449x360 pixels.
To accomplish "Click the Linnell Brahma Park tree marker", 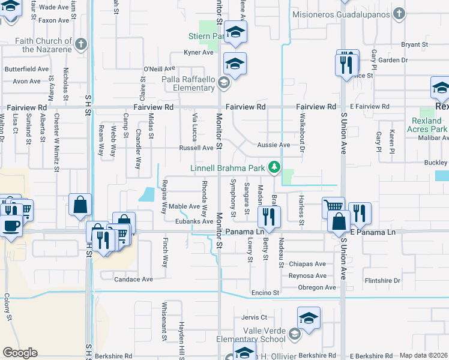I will click(x=274, y=167).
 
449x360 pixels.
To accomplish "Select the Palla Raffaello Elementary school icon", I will click(x=223, y=83).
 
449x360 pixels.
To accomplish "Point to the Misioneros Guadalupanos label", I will click(x=345, y=14).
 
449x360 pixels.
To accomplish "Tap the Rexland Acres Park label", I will click(x=427, y=125).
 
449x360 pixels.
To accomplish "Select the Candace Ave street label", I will click(x=134, y=279).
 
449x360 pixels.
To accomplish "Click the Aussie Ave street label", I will click(x=273, y=145).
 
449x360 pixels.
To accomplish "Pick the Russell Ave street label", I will click(x=196, y=148).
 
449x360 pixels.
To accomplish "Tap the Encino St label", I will click(x=266, y=293).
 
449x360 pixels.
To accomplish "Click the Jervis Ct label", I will click(x=253, y=317).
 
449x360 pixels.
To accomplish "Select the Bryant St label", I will click(x=414, y=44).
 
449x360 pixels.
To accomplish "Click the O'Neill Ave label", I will click(x=159, y=68).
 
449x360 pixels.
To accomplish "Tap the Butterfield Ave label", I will click(x=26, y=69).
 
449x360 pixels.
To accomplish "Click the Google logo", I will click(x=20, y=352).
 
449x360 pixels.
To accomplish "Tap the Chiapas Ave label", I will click(x=307, y=264).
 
